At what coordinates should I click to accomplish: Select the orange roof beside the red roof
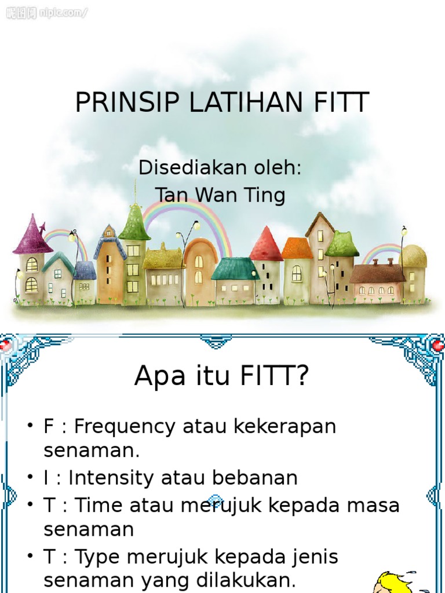click(x=297, y=248)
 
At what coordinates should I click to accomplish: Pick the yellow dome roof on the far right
click(x=413, y=256)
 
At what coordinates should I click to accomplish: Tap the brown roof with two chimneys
click(x=377, y=272)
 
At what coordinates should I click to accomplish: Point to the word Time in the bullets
click(x=99, y=505)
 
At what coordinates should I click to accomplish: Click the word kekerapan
click(x=284, y=427)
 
